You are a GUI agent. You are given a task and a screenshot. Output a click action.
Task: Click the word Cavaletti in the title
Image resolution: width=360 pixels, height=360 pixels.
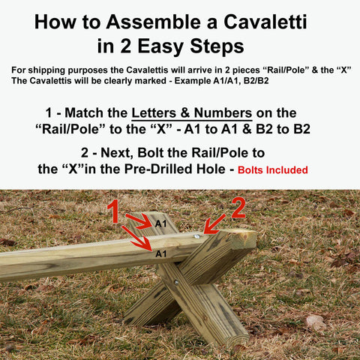[265, 22]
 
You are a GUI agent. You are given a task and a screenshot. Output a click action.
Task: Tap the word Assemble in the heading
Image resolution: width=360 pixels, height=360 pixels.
[154, 22]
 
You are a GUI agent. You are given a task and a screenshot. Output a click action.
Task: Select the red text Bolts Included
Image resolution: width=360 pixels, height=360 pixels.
[273, 170]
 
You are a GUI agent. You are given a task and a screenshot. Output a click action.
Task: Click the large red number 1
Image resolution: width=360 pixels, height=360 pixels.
[114, 211]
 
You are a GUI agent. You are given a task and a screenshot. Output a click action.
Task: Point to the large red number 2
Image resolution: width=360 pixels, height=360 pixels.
[238, 208]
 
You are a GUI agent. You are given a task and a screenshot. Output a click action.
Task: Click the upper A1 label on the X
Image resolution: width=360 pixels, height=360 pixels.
[160, 223]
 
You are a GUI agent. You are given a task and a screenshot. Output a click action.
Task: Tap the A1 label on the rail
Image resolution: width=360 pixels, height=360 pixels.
[161, 254]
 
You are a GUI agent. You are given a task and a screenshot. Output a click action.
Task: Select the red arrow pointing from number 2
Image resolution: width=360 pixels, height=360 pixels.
[214, 224]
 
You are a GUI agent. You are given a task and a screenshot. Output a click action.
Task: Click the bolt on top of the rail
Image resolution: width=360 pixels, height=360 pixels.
[197, 235]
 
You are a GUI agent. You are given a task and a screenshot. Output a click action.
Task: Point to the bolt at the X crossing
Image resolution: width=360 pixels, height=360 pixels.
[176, 283]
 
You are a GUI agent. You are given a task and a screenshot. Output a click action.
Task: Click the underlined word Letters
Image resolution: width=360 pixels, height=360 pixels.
[154, 113]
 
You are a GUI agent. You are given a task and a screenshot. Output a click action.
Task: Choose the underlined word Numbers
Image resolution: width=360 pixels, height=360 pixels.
[223, 113]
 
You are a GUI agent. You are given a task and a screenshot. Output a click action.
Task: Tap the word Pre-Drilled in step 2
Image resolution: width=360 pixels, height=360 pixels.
[158, 169]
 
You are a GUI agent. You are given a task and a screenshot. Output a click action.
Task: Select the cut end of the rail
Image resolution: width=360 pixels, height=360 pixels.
[245, 238]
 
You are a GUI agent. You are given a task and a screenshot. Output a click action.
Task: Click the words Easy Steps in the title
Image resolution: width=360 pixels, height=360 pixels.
[191, 46]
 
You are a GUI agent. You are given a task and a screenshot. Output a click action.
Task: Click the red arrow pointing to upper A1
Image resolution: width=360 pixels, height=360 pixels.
[139, 220]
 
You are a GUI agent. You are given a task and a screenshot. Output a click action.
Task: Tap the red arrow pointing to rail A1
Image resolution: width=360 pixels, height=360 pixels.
[136, 238]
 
